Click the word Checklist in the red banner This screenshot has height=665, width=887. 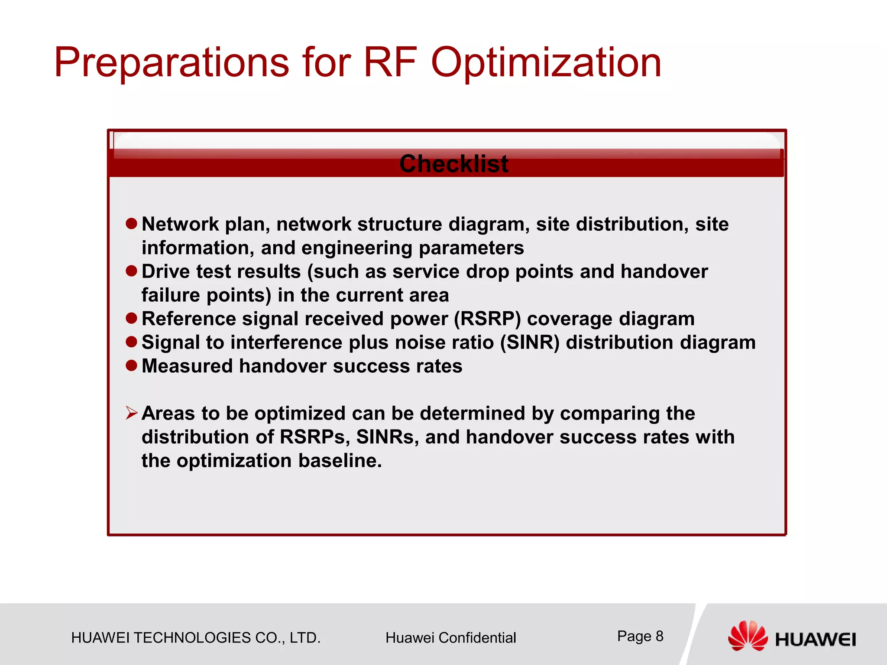pyautogui.click(x=453, y=164)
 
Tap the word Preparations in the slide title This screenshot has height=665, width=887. pyautogui.click(x=171, y=63)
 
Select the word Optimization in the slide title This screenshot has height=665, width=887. pyautogui.click(x=546, y=63)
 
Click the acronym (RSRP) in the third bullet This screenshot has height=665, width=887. pyautogui.click(x=487, y=319)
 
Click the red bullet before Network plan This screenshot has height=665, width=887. pyautogui.click(x=131, y=224)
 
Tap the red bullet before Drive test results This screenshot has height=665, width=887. pyautogui.click(x=131, y=271)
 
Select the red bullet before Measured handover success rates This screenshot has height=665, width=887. pyautogui.click(x=131, y=365)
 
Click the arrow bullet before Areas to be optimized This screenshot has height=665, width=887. pyautogui.click(x=131, y=413)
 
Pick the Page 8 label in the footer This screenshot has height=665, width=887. pyautogui.click(x=640, y=636)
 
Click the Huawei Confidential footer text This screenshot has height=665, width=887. pyautogui.click(x=450, y=638)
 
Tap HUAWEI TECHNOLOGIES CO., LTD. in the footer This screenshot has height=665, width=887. pyautogui.click(x=196, y=638)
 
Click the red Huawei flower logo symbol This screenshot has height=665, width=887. pyautogui.click(x=747, y=635)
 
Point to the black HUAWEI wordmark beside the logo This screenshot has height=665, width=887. pyautogui.click(x=815, y=639)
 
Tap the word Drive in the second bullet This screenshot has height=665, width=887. pyautogui.click(x=166, y=272)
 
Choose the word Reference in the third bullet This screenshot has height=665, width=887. pyautogui.click(x=188, y=319)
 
